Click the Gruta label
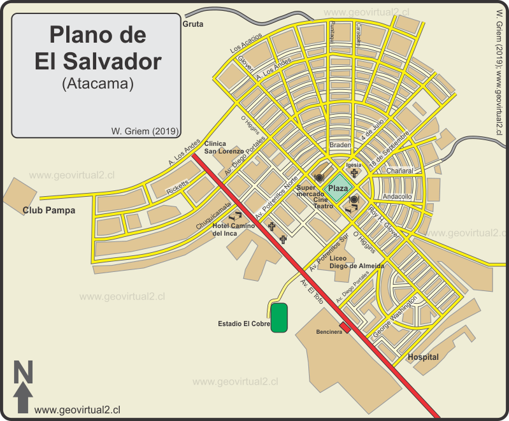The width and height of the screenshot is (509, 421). [x=192, y=24]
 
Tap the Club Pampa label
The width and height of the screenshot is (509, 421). [x=48, y=210]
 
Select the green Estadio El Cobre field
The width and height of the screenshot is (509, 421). [x=279, y=318]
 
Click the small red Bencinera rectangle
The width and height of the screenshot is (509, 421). [x=345, y=327]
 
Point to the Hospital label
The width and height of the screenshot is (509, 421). [x=423, y=357]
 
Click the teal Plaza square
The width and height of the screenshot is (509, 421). [x=338, y=189]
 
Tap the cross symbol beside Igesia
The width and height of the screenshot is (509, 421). [x=354, y=173]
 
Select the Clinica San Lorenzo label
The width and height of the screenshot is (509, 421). [x=224, y=148]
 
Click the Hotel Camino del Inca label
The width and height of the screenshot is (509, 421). [x=233, y=230]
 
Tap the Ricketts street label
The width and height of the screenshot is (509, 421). [x=177, y=189]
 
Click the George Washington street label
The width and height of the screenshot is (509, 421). [x=396, y=317]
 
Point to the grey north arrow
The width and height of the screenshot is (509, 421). [x=24, y=398]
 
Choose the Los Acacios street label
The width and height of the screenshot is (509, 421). [x=246, y=41]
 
